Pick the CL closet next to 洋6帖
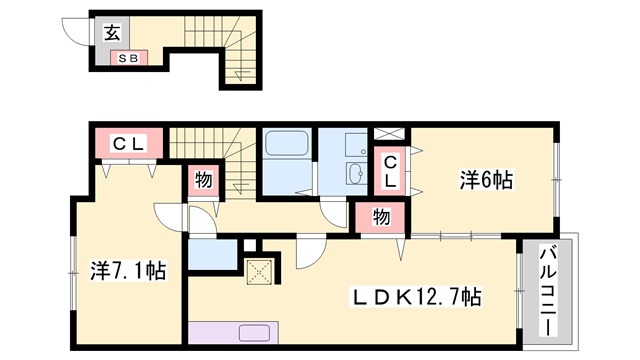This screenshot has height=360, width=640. tap(391, 171)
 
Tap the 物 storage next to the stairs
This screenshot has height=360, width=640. tap(202, 181)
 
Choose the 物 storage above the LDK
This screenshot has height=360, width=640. tap(380, 215)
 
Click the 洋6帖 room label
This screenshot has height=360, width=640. tap(487, 181)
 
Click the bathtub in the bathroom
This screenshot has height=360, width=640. tap(289, 146)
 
